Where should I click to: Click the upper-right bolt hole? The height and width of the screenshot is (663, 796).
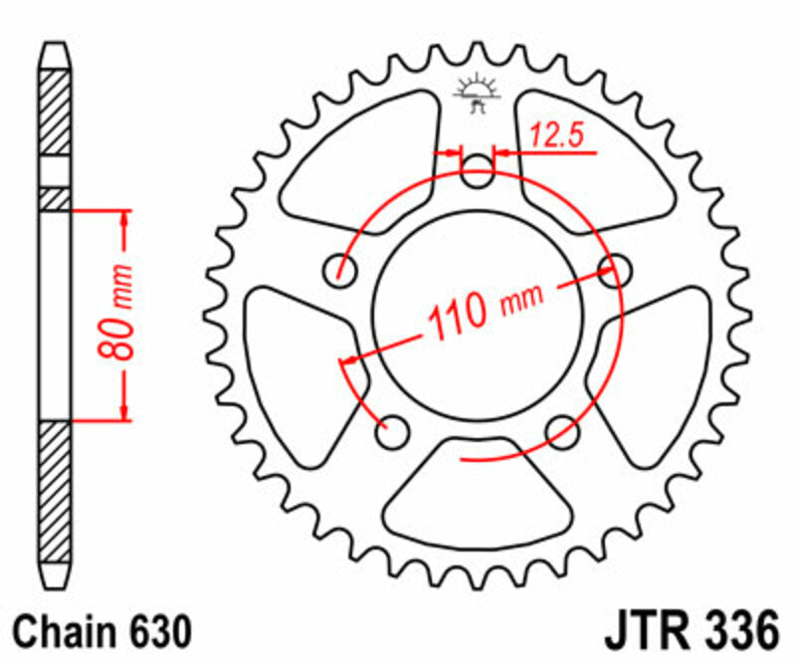[616, 267]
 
